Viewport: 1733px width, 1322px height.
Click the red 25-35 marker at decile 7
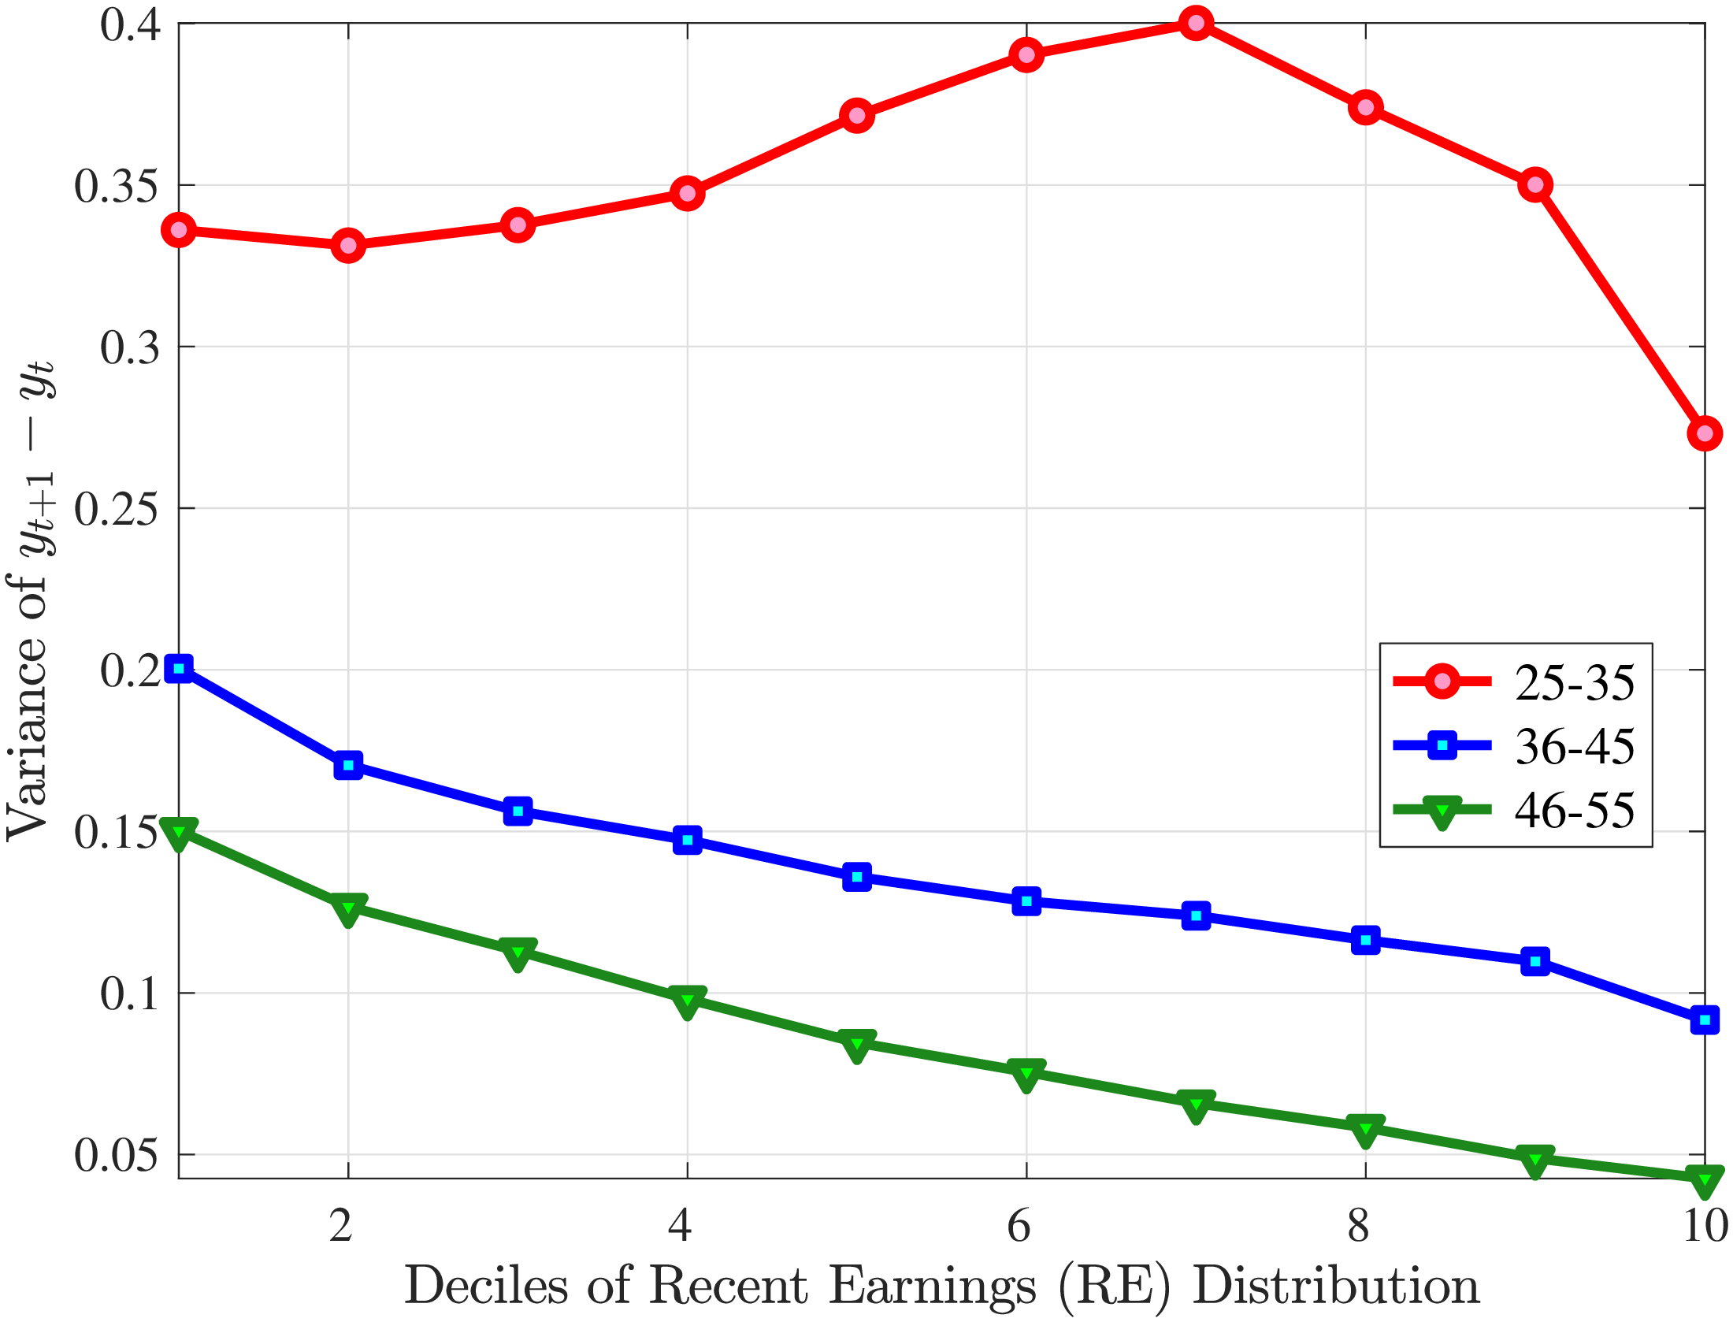1196,24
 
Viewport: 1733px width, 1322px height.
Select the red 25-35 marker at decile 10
1705,433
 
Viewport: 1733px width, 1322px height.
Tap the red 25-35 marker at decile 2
348,246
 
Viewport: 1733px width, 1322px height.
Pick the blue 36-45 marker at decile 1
179,669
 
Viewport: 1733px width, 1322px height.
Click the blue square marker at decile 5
857,876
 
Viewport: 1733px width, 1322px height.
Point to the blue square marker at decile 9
1535,961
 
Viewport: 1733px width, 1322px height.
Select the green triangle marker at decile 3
518,953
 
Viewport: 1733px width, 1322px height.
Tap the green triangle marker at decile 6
1026,1074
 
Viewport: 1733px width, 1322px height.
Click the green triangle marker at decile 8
1365,1130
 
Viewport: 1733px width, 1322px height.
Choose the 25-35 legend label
1575,683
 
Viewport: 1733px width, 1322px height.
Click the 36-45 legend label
1575,747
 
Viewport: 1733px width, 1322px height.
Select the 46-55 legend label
1575,811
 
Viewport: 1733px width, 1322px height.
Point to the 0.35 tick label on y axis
117,187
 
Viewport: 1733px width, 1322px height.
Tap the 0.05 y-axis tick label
117,1156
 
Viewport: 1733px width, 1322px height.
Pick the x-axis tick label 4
680,1226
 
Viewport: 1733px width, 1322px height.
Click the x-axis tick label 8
1358,1226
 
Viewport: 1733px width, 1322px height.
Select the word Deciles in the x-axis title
486,1287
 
